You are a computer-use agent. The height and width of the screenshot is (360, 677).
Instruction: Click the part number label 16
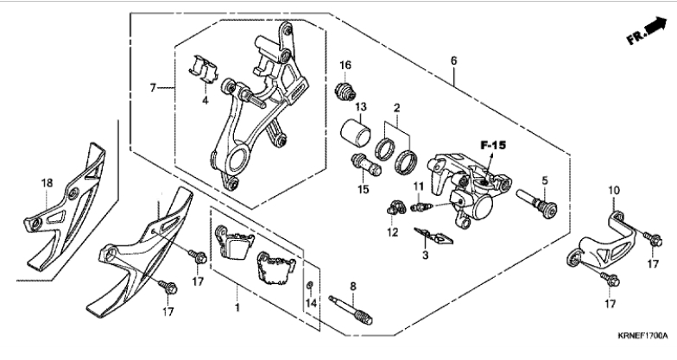click(345, 66)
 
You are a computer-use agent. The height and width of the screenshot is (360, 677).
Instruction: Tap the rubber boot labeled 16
click(345, 90)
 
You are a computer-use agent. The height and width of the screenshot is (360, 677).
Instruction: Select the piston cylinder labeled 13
click(356, 132)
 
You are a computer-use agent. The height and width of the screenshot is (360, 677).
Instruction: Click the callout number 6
click(453, 60)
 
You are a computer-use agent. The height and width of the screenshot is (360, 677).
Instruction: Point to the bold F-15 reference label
click(493, 145)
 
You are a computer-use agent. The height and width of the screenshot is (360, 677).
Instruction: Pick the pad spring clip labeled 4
click(204, 69)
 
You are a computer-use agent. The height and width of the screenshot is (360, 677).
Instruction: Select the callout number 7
click(152, 88)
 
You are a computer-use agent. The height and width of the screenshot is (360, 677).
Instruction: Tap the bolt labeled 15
click(366, 165)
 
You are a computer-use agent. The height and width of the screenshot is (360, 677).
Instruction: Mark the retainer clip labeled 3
click(433, 235)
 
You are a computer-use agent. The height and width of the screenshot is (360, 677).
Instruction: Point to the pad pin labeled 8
click(351, 309)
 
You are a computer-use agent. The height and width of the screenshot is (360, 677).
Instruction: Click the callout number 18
click(47, 183)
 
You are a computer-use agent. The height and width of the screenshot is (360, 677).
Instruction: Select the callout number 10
click(614, 190)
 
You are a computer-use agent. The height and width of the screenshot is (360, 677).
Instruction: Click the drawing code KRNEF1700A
click(642, 335)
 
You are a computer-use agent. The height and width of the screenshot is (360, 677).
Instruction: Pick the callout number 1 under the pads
click(237, 307)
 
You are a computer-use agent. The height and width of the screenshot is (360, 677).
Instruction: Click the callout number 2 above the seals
click(396, 108)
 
